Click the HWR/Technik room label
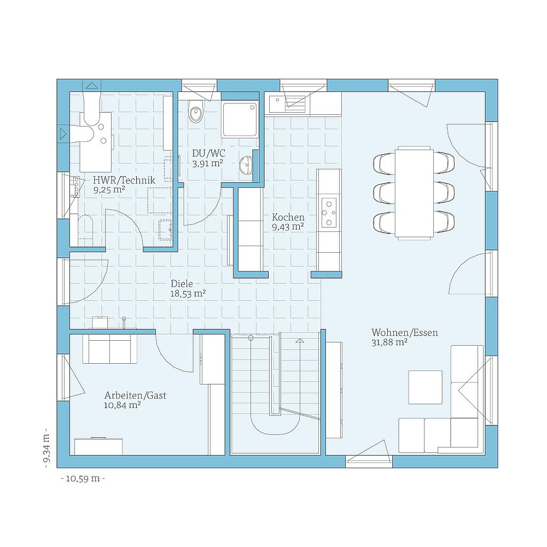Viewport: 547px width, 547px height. coord(124,180)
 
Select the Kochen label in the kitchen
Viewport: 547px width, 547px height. coord(288,217)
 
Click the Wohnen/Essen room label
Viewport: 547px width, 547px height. coord(404,333)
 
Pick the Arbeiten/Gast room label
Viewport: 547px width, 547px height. coord(135,395)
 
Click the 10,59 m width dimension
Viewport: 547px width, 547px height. coord(83,479)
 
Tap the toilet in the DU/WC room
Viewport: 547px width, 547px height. coord(195,112)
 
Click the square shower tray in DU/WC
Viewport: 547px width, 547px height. coord(240,119)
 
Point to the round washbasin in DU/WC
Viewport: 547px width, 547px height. coord(247,164)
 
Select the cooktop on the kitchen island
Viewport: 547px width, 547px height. coord(329,212)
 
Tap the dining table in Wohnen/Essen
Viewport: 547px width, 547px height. coord(415,192)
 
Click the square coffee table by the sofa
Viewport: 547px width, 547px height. coord(425,387)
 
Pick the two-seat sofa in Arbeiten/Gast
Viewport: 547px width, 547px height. coord(110,349)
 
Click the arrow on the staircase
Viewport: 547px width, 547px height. coord(299,342)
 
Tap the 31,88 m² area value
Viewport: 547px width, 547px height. coord(389,343)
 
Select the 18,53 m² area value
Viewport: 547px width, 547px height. coord(188,294)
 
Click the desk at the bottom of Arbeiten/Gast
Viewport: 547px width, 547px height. coord(99,446)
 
